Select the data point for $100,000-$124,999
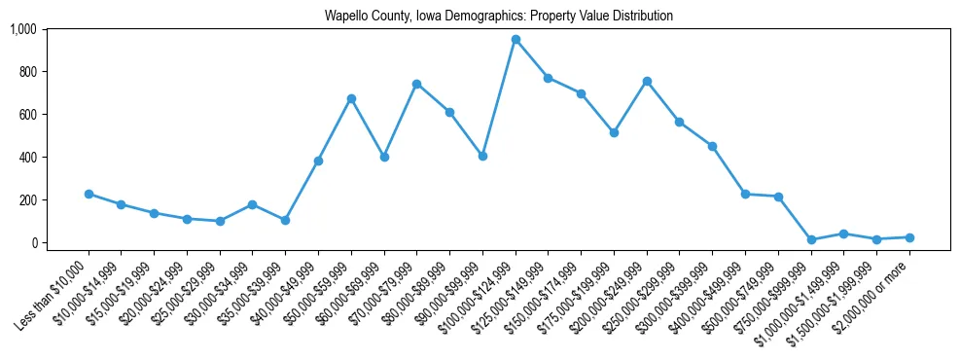516,40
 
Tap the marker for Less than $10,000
89,194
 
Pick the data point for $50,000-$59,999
351,98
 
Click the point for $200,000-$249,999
647,81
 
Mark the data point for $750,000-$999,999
811,239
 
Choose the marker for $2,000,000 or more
909,237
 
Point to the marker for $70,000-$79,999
416,84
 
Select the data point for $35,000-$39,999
285,220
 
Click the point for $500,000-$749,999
778,197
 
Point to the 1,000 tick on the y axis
22,29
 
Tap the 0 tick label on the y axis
32,242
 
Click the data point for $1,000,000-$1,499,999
843,234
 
